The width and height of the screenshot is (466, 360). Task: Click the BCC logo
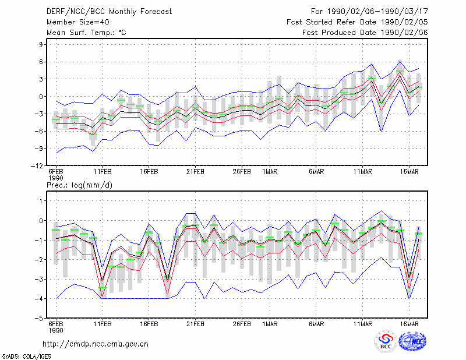click(386, 341)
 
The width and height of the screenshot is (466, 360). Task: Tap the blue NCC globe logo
click(412, 341)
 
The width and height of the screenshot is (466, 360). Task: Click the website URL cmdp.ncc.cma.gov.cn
click(96, 344)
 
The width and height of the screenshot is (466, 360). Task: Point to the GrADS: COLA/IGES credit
click(26, 357)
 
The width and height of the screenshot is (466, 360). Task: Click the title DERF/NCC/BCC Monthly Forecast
click(109, 12)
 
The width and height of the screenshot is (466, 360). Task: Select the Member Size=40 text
click(78, 22)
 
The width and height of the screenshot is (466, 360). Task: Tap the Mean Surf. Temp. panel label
click(86, 33)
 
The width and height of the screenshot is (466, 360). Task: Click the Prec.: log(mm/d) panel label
click(79, 185)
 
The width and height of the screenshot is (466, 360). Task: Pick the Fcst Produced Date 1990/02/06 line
click(365, 33)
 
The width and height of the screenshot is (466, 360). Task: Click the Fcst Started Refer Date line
click(357, 22)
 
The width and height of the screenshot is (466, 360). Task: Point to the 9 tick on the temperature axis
click(41, 45)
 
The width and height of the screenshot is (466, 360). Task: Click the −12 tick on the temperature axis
click(37, 166)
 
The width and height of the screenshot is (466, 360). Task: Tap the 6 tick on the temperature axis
click(41, 62)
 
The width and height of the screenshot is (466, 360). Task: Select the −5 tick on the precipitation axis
click(39, 319)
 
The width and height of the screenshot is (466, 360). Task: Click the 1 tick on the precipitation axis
click(41, 201)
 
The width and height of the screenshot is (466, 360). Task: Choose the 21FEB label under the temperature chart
click(195, 172)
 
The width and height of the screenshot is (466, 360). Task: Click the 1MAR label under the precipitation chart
click(270, 324)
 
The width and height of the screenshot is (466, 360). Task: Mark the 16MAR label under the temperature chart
click(409, 172)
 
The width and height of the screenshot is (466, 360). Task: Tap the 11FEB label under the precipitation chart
click(103, 324)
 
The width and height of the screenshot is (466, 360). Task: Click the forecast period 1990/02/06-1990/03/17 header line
click(369, 12)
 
